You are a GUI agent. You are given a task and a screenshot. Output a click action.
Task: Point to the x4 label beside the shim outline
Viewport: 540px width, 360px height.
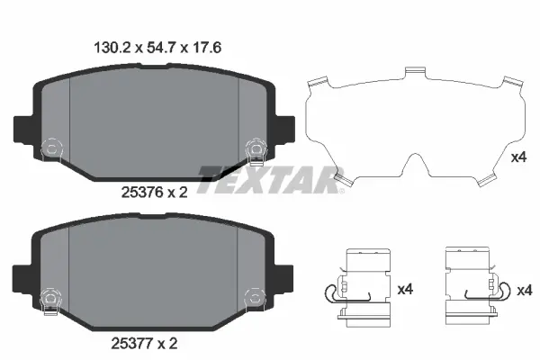[517, 158]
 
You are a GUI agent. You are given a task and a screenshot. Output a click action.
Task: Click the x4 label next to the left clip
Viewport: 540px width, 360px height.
[406, 290]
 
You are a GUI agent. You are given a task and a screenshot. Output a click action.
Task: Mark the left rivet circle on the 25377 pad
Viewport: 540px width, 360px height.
[51, 296]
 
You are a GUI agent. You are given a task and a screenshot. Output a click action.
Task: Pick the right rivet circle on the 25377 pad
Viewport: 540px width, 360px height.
[253, 296]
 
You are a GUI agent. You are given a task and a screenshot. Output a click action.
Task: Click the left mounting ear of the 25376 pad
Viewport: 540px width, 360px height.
[24, 126]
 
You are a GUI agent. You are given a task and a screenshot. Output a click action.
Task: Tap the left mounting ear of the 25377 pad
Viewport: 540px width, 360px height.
[24, 274]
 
